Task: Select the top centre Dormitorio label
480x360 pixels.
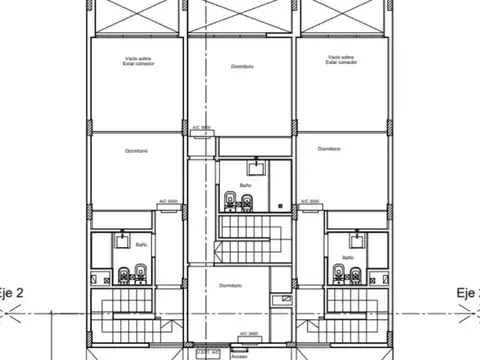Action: click(x=240, y=66)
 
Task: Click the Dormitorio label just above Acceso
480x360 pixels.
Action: click(x=232, y=285)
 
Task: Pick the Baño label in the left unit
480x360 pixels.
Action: click(x=141, y=244)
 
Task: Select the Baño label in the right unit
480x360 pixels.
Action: click(x=347, y=258)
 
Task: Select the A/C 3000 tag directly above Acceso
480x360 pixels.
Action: click(x=249, y=333)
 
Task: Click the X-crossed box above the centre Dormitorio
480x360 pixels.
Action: click(x=240, y=16)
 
